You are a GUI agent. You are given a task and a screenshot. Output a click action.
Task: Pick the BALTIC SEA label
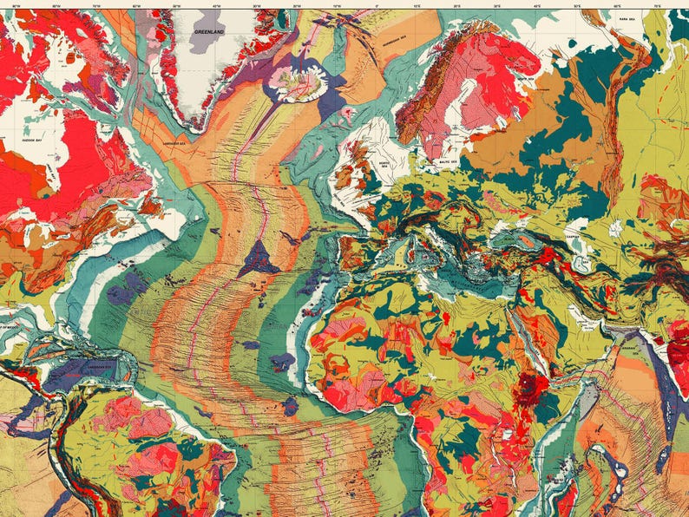pos(444,158)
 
